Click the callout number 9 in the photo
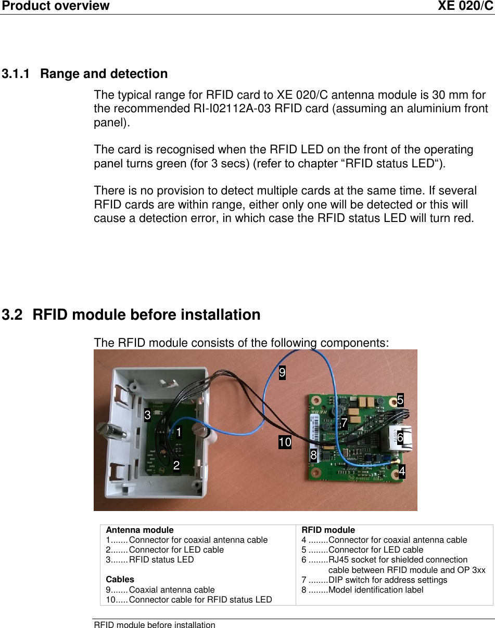(x=282, y=373)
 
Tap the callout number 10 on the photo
(x=285, y=442)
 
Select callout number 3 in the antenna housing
(x=148, y=415)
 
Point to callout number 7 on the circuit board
(x=344, y=423)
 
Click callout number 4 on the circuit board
(x=402, y=472)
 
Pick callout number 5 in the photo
(x=400, y=400)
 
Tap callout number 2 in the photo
(x=176, y=465)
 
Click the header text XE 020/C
(x=465, y=6)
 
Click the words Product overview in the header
(x=55, y=6)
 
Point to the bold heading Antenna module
(x=139, y=530)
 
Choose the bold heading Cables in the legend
(x=120, y=579)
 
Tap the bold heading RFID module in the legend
(x=328, y=530)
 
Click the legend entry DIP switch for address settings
(x=388, y=580)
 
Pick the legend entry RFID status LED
(x=161, y=560)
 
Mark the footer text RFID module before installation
(x=154, y=624)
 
